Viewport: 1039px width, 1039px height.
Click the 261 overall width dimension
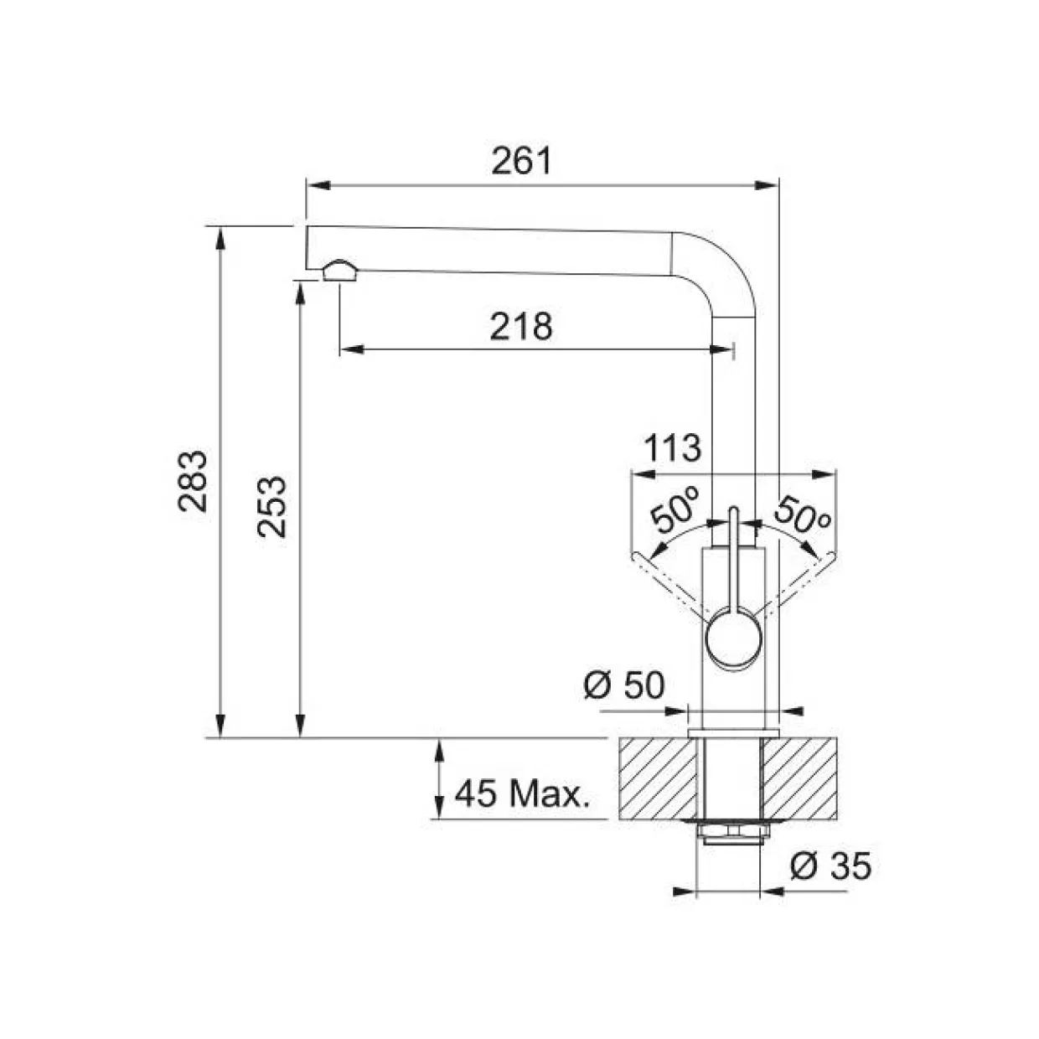click(521, 161)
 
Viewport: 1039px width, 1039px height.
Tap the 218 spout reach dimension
click(521, 327)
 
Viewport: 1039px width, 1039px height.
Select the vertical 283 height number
click(193, 480)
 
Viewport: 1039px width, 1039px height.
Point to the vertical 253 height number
click(271, 506)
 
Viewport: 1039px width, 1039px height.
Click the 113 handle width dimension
click(673, 448)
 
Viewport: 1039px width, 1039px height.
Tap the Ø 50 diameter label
click(624, 685)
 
